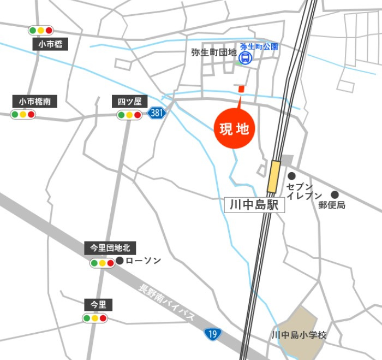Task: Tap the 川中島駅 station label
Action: pyautogui.click(x=254, y=205)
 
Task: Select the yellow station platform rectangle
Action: pyautogui.click(x=273, y=176)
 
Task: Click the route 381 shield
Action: pyautogui.click(x=157, y=113)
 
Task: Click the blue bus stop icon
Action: pyautogui.click(x=246, y=57)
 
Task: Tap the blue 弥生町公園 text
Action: pyautogui.click(x=259, y=47)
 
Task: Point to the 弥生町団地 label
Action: pyautogui.click(x=213, y=53)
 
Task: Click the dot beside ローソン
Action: pyautogui.click(x=120, y=261)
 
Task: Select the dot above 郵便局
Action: pyautogui.click(x=335, y=194)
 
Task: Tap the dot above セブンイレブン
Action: pyautogui.click(x=292, y=176)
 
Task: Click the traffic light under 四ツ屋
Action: pyautogui.click(x=129, y=115)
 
